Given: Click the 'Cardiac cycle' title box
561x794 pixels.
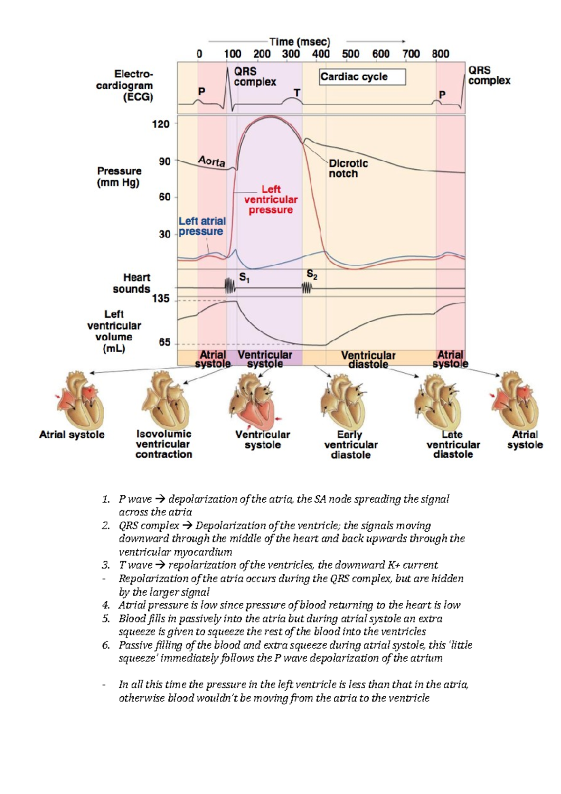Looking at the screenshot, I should (362, 77).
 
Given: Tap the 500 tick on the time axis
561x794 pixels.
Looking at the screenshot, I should (351, 54).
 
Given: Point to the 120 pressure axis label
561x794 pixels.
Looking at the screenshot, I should (160, 124).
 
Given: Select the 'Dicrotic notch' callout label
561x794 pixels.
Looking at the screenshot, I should (348, 168).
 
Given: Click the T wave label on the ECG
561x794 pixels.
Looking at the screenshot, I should (297, 93).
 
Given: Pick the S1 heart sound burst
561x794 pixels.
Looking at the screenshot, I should (230, 286).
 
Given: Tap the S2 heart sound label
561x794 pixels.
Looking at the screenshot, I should (312, 274).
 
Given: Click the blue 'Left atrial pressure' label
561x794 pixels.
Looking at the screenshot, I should (202, 226).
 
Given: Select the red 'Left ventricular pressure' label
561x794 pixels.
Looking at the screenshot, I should (271, 200).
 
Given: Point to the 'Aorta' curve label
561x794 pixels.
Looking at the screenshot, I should (212, 161).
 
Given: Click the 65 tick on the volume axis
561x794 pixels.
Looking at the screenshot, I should (165, 342).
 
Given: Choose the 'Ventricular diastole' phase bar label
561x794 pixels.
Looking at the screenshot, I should (368, 360).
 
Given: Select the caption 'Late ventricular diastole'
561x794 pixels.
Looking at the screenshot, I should (453, 444).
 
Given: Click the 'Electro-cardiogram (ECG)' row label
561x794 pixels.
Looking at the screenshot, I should (125, 86).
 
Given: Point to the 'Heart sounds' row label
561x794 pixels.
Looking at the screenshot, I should (131, 283).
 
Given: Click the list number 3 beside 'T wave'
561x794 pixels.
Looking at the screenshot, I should (106, 565).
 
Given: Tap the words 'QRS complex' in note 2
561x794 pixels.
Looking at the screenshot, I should (149, 526).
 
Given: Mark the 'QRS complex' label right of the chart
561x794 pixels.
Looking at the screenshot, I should (489, 75).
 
